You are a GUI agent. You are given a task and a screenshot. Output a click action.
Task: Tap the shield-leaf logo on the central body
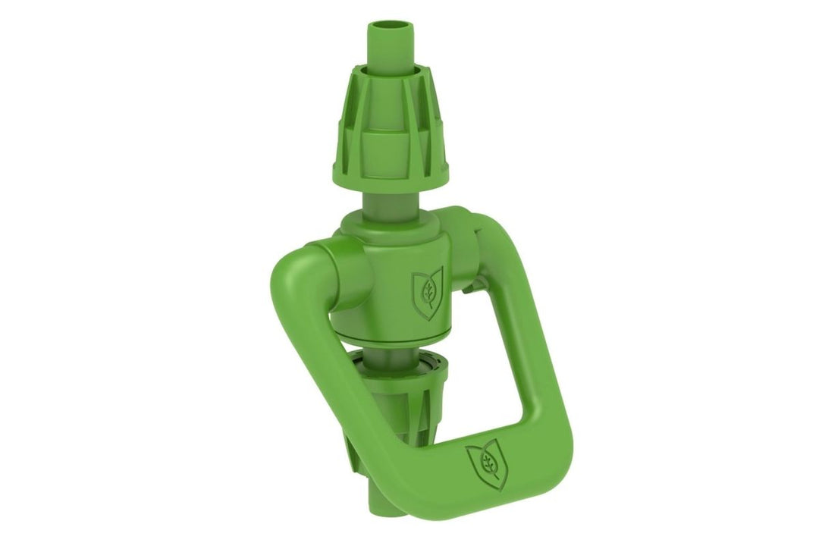coord(427,293)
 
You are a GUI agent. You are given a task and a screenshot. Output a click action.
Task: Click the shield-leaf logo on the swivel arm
coord(487,465)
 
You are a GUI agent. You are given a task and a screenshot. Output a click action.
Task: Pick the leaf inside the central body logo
coord(428,290)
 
